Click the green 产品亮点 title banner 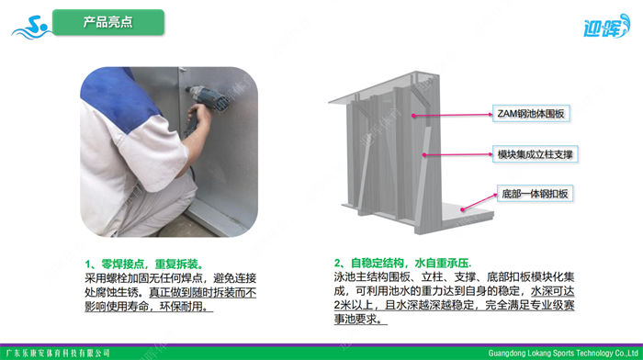[x=108, y=22]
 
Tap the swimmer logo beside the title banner [x=31, y=28]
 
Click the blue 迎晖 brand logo [x=606, y=27]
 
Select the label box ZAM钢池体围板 [x=531, y=114]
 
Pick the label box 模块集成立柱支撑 [x=536, y=154]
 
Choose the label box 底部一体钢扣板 [x=535, y=194]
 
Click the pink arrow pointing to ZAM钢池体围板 [x=453, y=115]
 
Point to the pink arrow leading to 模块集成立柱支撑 [x=458, y=154]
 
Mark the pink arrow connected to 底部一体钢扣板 [x=479, y=202]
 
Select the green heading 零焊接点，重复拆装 [x=144, y=264]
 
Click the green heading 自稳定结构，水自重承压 [x=402, y=263]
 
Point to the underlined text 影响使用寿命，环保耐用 [x=149, y=307]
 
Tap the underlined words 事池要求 [x=360, y=319]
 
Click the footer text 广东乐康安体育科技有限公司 [x=58, y=353]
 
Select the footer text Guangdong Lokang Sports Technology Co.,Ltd [x=563, y=353]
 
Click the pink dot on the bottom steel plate [x=463, y=209]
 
